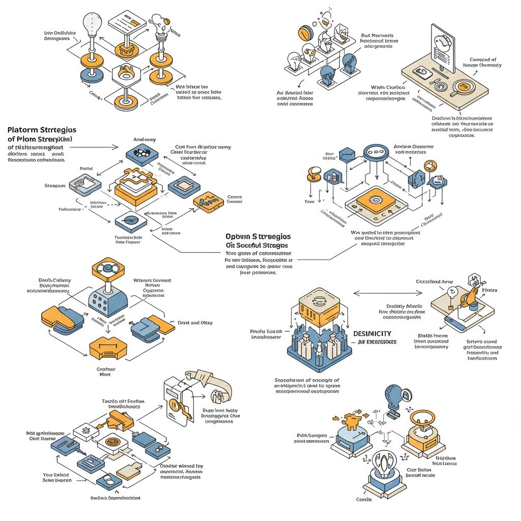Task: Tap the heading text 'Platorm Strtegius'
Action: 42,130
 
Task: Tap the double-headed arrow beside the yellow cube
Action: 388,293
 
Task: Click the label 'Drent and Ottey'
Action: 195,323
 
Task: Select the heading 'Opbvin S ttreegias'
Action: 258,237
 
